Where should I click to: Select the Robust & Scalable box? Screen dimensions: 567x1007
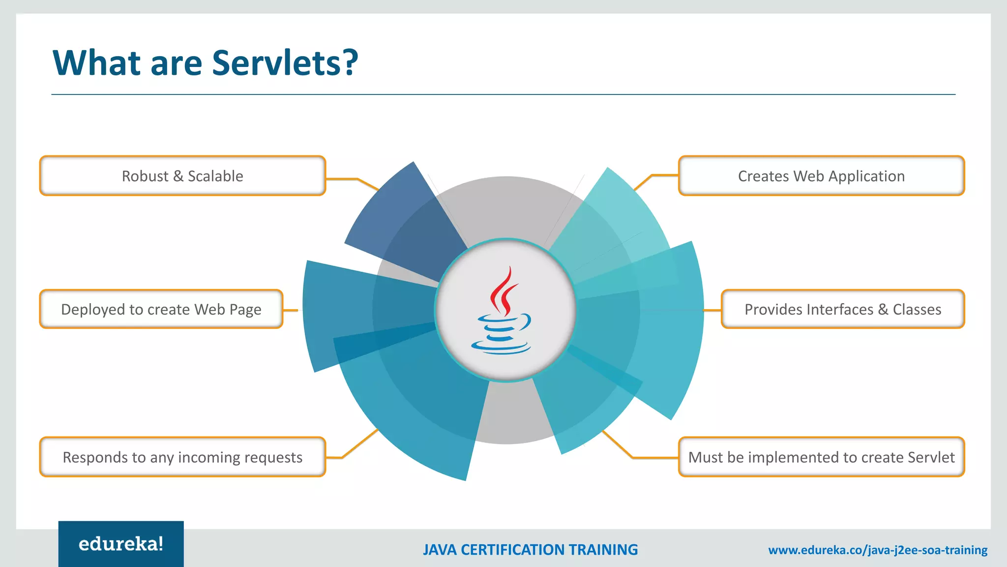182,176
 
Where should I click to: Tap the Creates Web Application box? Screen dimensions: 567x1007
821,176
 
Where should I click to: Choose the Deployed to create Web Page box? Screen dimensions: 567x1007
161,309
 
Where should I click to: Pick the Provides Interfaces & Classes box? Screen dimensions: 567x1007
843,309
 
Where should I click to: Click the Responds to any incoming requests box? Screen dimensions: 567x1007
182,457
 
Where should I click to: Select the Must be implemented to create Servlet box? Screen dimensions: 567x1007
821,457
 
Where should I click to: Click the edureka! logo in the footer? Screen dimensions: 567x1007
121,544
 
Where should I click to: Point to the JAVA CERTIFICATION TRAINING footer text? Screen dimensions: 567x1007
530,550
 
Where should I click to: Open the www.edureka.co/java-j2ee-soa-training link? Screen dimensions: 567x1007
878,550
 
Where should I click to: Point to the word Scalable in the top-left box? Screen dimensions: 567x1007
215,176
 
